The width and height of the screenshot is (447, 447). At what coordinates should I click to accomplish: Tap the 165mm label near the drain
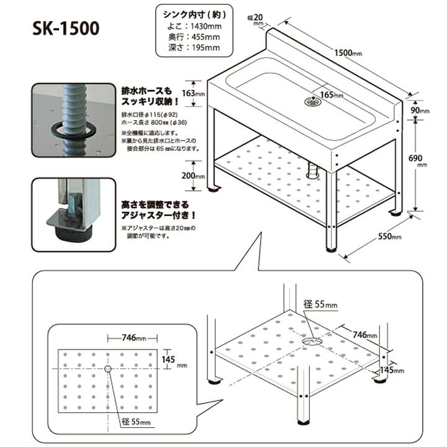click(x=331, y=95)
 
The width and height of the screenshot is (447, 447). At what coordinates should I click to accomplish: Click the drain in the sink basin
click(x=310, y=100)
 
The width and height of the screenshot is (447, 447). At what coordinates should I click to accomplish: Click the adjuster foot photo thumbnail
click(x=74, y=214)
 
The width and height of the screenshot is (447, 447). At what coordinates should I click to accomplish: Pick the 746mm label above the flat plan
click(x=133, y=338)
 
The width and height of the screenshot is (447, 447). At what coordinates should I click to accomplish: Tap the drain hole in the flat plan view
click(x=107, y=369)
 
